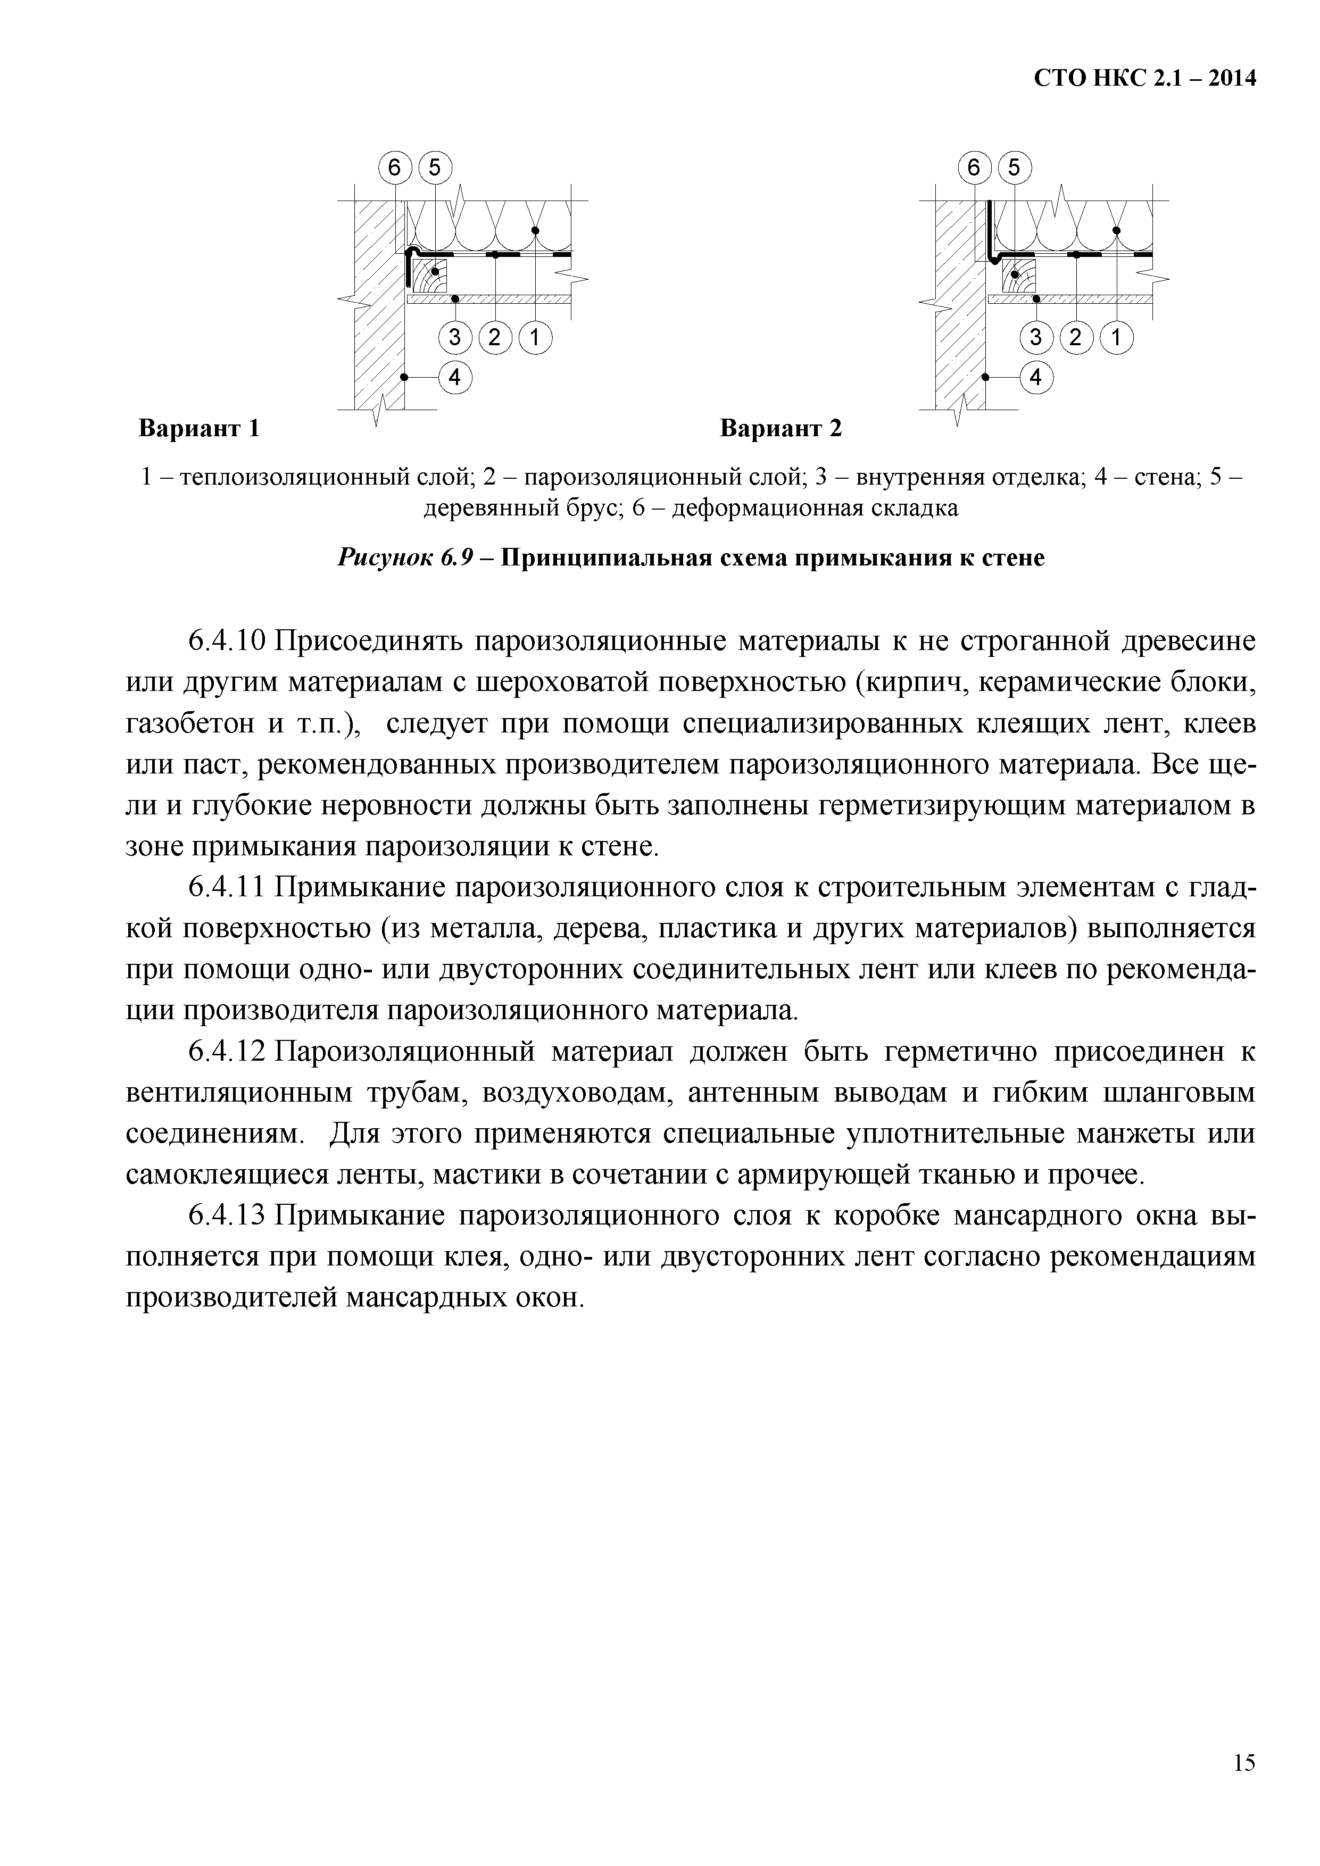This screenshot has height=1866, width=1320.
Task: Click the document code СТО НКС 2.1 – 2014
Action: pyautogui.click(x=1144, y=78)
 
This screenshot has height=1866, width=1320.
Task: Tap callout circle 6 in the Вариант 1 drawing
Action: pyautogui.click(x=394, y=168)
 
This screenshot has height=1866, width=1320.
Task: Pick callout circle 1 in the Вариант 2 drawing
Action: pyautogui.click(x=1116, y=337)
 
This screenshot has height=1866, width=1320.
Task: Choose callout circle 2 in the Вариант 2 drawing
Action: pyautogui.click(x=1076, y=337)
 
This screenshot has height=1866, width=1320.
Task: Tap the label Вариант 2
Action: pyautogui.click(x=781, y=428)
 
